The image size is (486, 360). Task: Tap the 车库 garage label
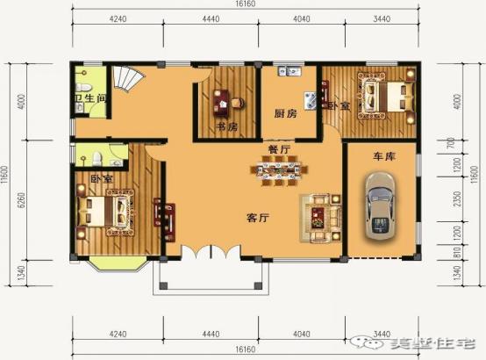383,156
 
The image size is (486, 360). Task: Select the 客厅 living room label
255,217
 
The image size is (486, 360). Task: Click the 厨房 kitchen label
286,114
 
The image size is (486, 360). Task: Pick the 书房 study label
226,127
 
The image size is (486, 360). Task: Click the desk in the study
224,104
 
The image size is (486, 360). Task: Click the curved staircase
132,82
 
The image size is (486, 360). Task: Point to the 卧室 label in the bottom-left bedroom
101,178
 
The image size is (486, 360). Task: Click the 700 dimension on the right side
454,141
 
